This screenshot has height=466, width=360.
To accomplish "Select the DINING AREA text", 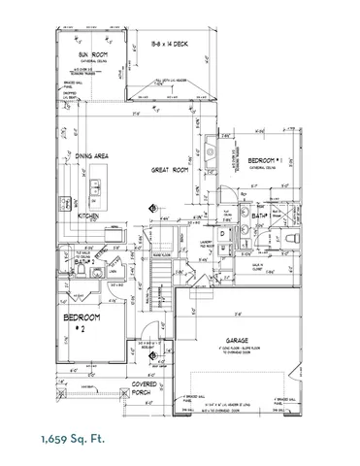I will click(96, 155).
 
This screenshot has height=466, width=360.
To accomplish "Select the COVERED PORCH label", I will click(146, 388).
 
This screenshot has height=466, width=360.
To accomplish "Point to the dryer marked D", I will click(223, 233).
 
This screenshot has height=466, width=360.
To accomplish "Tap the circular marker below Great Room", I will click(153, 208).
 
